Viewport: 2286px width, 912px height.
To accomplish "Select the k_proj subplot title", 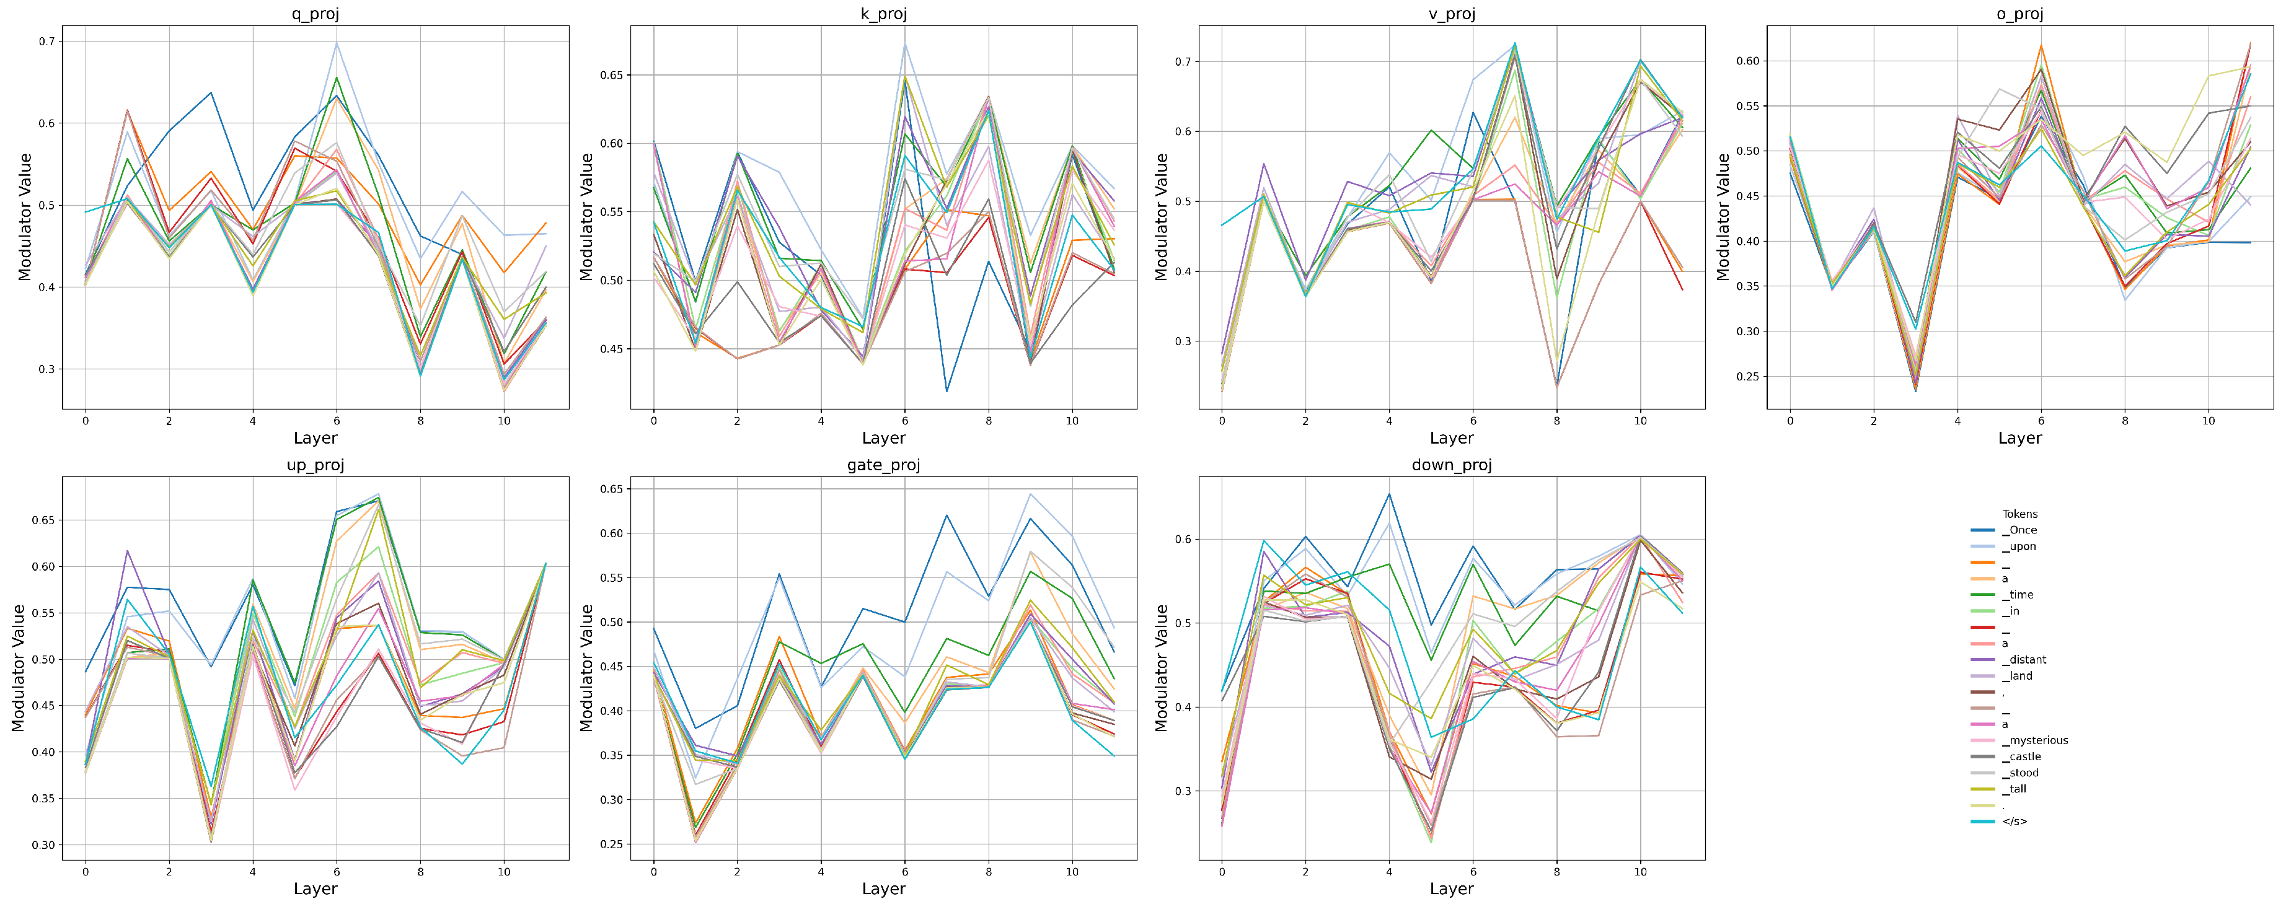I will (883, 13).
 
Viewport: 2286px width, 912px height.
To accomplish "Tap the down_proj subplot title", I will (1451, 465).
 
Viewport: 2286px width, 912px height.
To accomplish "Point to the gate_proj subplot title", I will (883, 465).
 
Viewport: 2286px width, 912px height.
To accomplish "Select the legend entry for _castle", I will (2021, 756).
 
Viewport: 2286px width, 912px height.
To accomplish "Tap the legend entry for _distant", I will (2023, 659).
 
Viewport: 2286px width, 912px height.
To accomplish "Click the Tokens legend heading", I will (2019, 514).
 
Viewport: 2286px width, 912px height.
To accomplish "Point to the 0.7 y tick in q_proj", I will (46, 42).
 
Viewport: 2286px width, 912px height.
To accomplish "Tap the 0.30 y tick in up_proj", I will (42, 844).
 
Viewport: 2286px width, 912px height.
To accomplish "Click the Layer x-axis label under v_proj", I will (1451, 437).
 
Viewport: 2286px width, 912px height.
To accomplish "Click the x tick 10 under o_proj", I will (2208, 421).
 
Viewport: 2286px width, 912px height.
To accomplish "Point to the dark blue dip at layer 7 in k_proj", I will (947, 391).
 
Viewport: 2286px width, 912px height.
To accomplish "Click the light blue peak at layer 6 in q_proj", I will (337, 43).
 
